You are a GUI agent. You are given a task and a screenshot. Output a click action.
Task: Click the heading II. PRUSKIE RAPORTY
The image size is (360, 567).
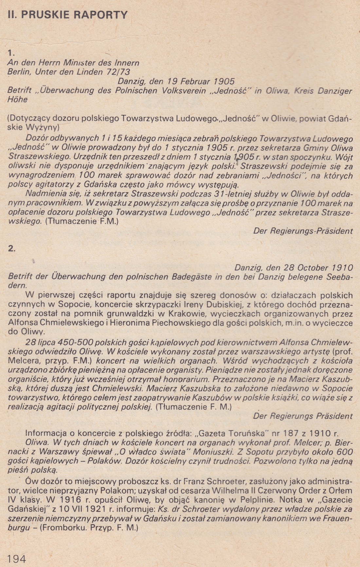click(x=67, y=15)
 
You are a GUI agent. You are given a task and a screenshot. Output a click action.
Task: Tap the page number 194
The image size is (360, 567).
click(x=16, y=558)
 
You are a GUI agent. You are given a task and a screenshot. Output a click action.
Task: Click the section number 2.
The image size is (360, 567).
click(x=11, y=248)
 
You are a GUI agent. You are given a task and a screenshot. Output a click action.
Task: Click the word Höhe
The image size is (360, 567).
click(x=18, y=99)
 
